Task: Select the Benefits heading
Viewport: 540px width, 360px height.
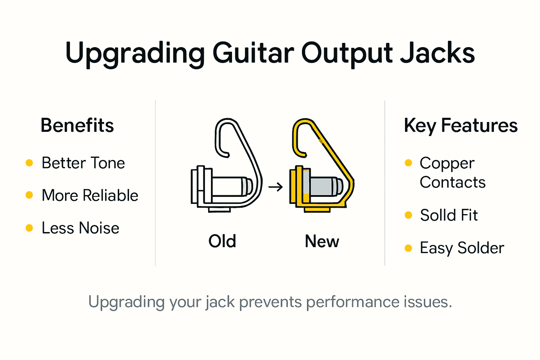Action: point(77,126)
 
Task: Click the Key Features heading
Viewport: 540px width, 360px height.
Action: point(461,126)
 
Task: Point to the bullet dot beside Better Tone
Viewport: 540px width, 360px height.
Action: point(30,163)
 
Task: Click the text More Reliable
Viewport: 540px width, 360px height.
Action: point(90,195)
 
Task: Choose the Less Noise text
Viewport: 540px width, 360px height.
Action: point(81,228)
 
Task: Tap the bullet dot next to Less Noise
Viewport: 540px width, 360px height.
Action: point(30,228)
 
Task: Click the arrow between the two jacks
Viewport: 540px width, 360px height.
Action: point(276,187)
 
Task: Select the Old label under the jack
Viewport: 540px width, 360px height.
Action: point(222,241)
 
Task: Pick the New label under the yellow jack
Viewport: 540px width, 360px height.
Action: point(322,241)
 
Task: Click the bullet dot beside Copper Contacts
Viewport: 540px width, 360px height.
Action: point(408,163)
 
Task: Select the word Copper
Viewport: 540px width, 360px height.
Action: point(447,163)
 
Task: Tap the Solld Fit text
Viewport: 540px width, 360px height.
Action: point(449,215)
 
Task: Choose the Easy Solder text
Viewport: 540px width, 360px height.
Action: point(462,248)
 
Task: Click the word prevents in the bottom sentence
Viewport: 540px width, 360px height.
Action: point(270,302)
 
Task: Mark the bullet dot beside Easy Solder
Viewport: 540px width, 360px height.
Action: point(408,248)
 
